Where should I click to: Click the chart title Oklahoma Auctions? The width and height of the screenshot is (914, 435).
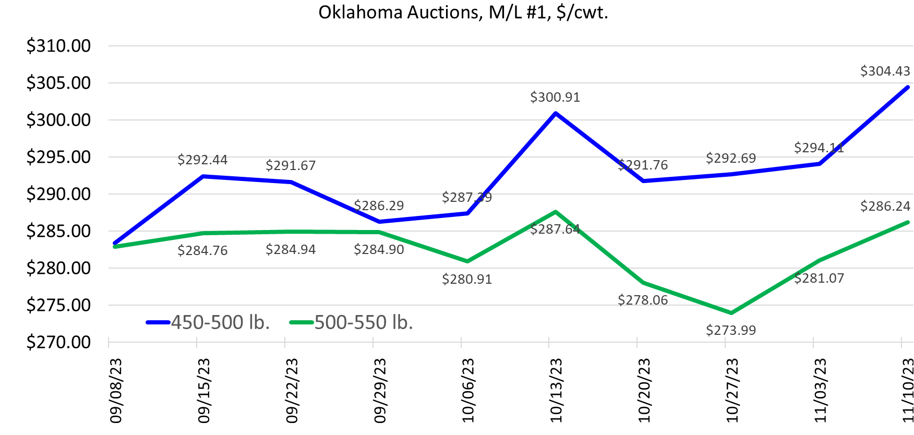click(463, 12)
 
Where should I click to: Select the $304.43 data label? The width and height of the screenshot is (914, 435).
click(885, 71)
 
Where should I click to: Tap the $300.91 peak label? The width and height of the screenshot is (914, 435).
click(555, 97)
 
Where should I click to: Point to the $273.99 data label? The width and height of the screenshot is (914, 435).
click(730, 330)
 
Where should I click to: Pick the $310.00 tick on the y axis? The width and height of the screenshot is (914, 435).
click(58, 46)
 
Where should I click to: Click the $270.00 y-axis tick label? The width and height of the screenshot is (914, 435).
click(58, 342)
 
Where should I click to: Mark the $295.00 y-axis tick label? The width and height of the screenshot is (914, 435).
click(58, 157)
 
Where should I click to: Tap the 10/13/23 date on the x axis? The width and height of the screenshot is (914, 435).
click(556, 390)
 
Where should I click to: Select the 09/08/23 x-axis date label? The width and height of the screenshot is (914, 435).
click(115, 390)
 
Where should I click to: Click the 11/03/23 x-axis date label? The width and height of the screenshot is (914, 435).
click(821, 390)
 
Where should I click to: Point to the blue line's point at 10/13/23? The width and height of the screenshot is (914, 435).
click(556, 113)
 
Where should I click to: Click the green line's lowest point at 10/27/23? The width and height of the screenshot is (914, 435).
click(731, 313)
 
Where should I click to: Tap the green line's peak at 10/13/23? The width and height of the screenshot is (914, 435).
click(556, 212)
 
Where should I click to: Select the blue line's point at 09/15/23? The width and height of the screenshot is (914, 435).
click(203, 176)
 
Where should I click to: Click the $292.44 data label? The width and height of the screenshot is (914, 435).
click(202, 160)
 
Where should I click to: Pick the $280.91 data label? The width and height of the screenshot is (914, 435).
click(467, 279)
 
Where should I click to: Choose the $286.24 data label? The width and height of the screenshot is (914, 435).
click(885, 206)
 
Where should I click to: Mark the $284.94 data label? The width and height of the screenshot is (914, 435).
click(291, 249)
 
